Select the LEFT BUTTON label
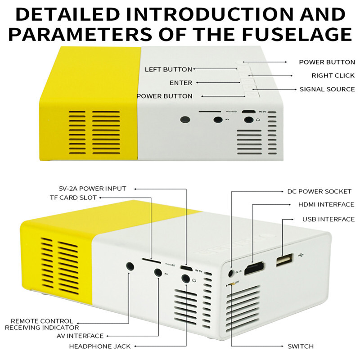click(168, 69)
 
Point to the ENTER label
click(181, 83)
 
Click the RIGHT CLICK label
click(333, 76)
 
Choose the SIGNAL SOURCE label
click(327, 89)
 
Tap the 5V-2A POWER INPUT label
click(92, 189)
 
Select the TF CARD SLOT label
click(73, 198)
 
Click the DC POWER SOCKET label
click(319, 192)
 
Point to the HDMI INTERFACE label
click(326, 204)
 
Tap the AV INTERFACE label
click(80, 336)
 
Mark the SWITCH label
click(301, 346)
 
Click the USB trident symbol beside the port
click(301, 256)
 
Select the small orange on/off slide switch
click(232, 284)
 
